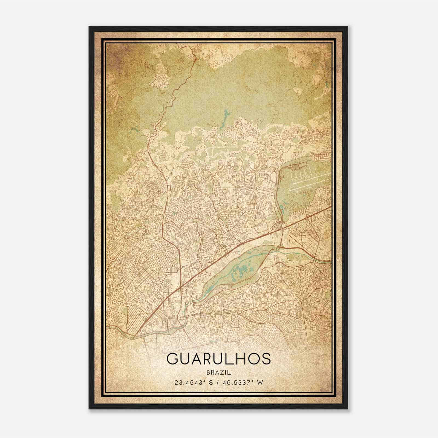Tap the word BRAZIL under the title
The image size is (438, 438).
pos(218,373)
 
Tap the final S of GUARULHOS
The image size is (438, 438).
pos(265,359)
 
